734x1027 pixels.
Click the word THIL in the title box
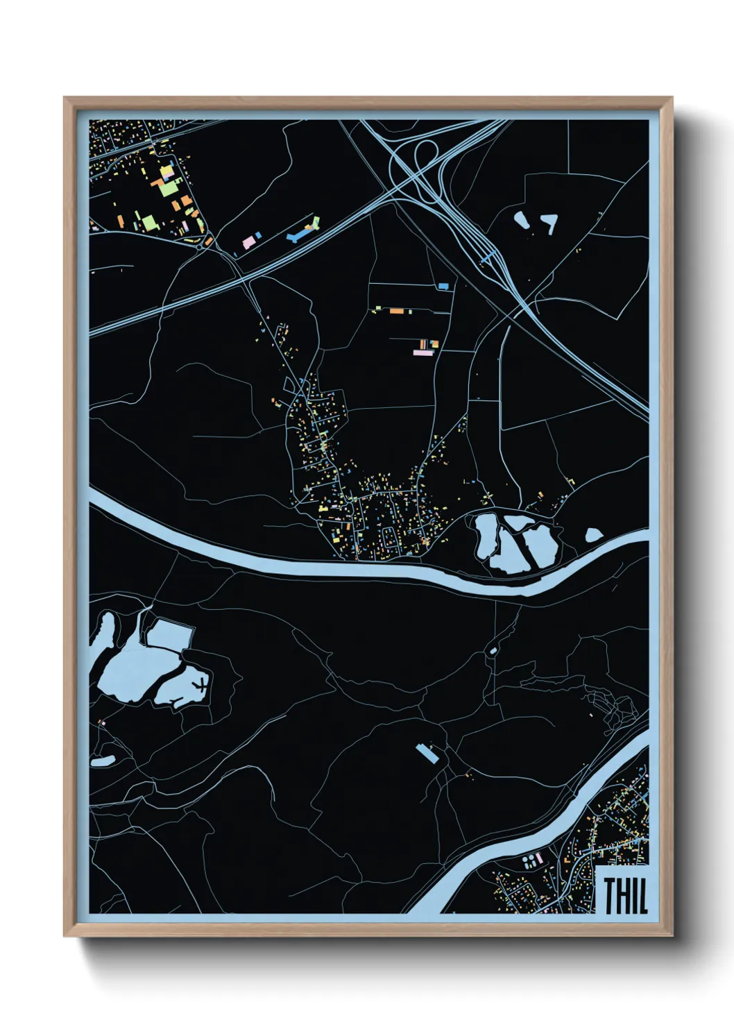(625, 895)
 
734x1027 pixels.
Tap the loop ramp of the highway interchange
(425, 154)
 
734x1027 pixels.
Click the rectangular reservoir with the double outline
(169, 634)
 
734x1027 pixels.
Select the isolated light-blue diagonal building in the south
(427, 753)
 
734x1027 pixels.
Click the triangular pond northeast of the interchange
(551, 222)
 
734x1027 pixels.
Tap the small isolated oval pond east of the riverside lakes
(594, 535)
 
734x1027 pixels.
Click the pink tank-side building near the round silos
(540, 860)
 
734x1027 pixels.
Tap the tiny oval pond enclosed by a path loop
(493, 650)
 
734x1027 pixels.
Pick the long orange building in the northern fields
(397, 312)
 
